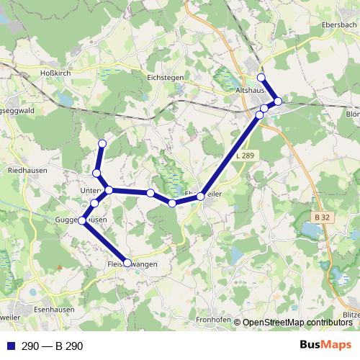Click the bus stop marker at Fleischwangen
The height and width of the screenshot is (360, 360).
(x=128, y=264)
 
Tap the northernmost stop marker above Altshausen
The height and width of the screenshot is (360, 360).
(x=261, y=78)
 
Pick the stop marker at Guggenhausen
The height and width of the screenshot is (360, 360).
(x=83, y=220)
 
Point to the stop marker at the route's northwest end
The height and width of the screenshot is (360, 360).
(x=102, y=143)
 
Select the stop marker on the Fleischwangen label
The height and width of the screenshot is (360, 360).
(x=128, y=264)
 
